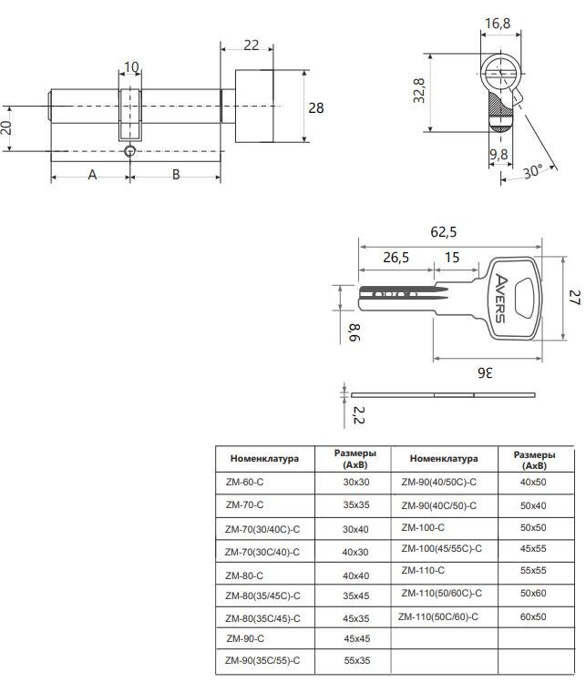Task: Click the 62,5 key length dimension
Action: click(446, 233)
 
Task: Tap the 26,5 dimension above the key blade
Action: click(396, 259)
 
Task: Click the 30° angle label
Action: click(534, 170)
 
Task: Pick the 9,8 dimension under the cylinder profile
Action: click(498, 154)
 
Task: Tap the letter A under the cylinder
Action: click(91, 174)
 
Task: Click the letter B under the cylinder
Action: click(176, 174)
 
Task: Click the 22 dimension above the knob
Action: click(252, 45)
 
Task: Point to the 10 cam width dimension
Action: click(131, 66)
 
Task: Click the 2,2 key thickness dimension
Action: click(358, 416)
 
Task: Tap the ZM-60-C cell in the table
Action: click(244, 481)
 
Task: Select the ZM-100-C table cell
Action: click(423, 527)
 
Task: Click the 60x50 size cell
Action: click(532, 616)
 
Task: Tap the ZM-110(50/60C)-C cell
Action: click(441, 594)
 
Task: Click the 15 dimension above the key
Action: click(451, 259)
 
